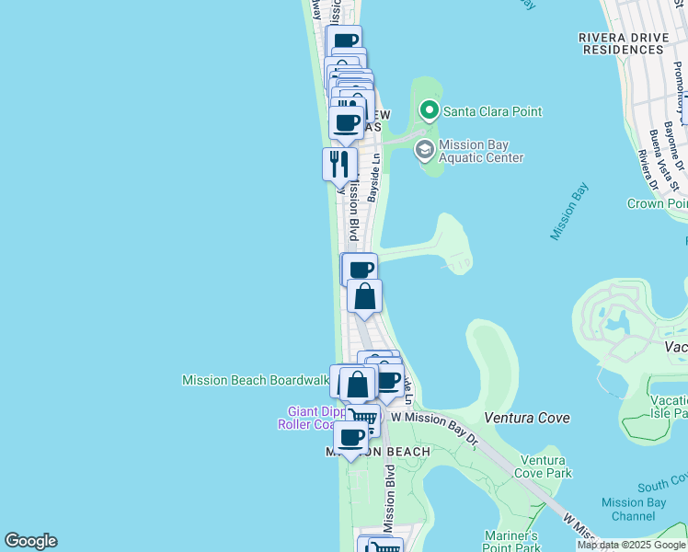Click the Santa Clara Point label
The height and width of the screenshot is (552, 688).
coord(492,111)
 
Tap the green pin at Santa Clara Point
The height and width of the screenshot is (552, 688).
coord(429,111)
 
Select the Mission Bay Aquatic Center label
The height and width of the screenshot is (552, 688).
coord(480,151)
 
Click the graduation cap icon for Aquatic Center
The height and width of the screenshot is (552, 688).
coord(424,150)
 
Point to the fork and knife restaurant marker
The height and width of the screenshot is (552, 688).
coord(339,165)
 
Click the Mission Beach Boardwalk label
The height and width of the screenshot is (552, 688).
coord(256,380)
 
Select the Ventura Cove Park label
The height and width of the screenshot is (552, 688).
coord(546,466)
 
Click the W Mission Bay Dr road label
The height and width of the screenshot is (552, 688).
coord(435,417)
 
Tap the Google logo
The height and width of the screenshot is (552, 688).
coord(30,541)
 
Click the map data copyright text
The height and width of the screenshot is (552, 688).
coord(632,545)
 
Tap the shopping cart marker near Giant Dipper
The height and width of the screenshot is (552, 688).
coord(365,420)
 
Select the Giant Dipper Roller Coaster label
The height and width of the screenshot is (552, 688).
coord(308,418)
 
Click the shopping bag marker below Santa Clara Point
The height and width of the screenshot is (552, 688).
coord(365,296)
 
